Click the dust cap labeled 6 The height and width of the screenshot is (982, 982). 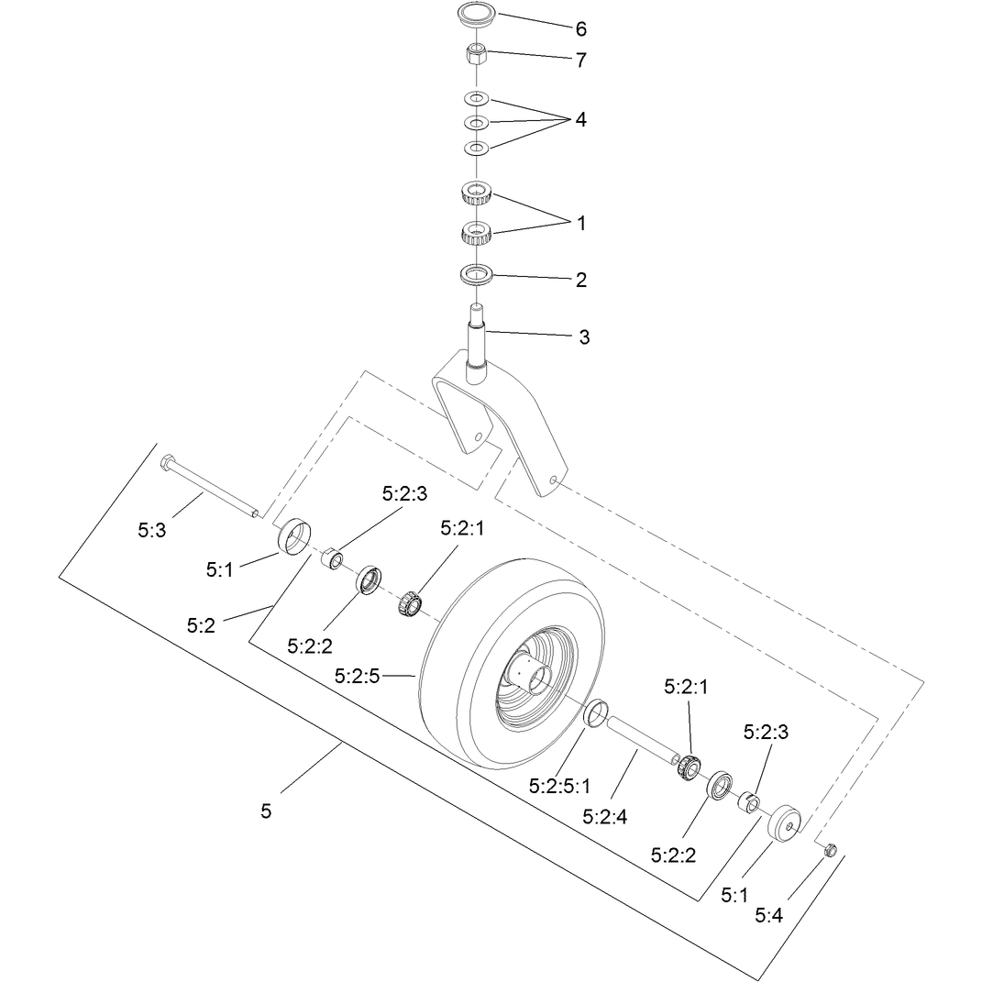476,15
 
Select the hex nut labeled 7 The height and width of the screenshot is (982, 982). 476,54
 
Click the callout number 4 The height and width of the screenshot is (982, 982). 580,119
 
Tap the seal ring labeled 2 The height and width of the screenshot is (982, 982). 476,275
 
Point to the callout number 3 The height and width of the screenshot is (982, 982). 584,337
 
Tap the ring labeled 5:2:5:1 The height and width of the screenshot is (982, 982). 597,714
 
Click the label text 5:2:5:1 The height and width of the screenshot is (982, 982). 559,786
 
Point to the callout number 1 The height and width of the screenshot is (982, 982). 581,223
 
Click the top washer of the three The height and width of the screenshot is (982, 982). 476,99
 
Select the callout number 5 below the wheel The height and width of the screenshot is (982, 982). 266,811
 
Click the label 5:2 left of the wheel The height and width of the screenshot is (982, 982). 201,625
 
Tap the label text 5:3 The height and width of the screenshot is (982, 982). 152,531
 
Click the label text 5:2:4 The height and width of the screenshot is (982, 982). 604,817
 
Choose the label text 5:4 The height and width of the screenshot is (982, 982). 768,916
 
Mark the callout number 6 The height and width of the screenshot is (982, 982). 581,28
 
